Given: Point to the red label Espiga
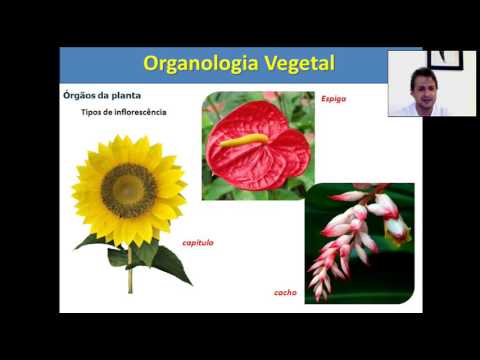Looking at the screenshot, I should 332,99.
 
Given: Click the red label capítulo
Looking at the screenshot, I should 197,243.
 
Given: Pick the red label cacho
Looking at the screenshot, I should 285,292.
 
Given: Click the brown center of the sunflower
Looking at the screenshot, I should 129,189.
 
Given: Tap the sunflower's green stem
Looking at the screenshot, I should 130,276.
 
